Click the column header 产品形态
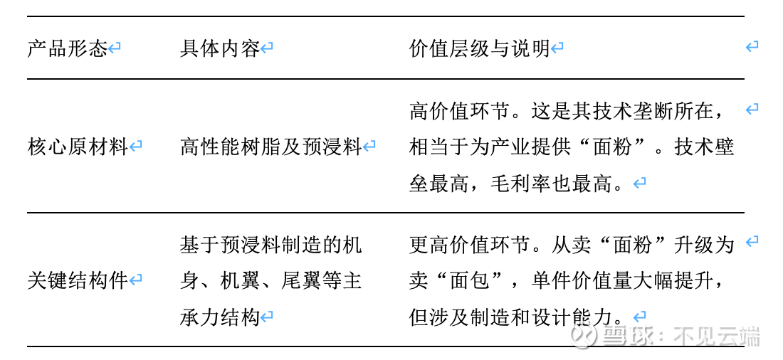[x=68, y=49]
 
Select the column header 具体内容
[x=220, y=49]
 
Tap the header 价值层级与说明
[x=479, y=49]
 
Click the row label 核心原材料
[x=78, y=147]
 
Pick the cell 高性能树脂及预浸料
[x=270, y=147]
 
